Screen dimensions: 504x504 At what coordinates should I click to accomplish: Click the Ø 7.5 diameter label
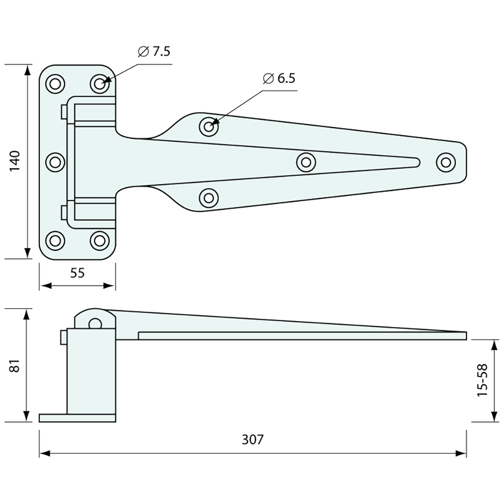click(x=154, y=52)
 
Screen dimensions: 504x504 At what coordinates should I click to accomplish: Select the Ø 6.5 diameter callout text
click(x=279, y=79)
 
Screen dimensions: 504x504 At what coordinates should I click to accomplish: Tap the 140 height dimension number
click(x=16, y=161)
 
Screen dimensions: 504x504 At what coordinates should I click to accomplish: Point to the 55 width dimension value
click(x=77, y=273)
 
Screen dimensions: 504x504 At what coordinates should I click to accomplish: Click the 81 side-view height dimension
click(x=16, y=367)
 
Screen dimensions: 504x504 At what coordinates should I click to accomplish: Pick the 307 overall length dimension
click(x=252, y=439)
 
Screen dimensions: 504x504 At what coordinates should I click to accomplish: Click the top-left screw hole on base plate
click(x=55, y=83)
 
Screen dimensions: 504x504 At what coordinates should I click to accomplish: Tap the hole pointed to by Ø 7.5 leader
click(x=99, y=83)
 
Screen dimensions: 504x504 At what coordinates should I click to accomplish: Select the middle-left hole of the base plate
click(x=55, y=162)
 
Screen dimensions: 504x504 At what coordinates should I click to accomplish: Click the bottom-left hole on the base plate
click(x=55, y=240)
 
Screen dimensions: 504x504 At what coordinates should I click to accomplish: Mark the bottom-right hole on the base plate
click(x=99, y=240)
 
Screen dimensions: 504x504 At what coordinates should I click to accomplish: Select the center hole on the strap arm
click(x=306, y=162)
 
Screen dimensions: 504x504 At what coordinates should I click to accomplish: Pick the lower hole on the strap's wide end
click(x=209, y=198)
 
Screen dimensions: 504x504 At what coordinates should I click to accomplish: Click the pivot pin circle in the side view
click(x=95, y=323)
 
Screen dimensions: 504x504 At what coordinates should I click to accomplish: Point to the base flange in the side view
click(x=77, y=418)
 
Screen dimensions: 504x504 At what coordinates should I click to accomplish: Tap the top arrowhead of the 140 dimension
click(x=28, y=69)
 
